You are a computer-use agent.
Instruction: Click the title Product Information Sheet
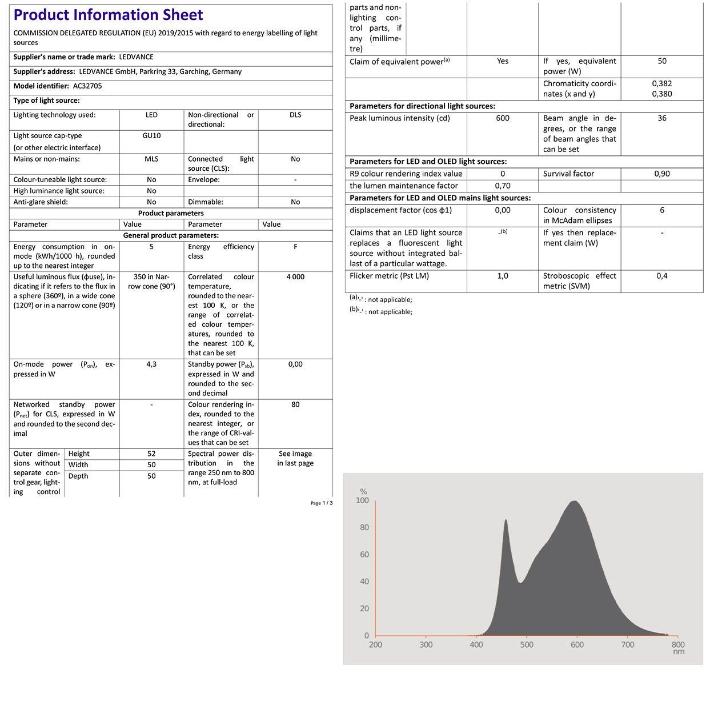108,15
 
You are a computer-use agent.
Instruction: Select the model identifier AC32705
87,86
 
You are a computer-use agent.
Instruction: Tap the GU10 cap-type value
151,136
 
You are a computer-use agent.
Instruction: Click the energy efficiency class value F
295,247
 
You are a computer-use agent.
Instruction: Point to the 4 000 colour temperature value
295,277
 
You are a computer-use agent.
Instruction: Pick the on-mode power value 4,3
151,364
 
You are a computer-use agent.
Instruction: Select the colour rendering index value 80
295,404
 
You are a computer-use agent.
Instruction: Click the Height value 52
151,454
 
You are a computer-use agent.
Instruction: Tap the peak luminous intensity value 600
503,118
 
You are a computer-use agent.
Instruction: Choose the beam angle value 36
662,118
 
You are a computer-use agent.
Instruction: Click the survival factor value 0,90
662,174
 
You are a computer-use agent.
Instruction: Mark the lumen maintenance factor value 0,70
503,186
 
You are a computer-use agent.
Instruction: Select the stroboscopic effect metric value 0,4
662,276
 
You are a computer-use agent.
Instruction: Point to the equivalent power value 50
662,61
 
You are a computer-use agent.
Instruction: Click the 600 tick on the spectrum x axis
577,645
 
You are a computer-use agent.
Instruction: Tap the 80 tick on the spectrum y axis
364,527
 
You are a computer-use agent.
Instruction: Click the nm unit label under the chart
678,652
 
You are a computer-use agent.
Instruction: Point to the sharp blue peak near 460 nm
506,521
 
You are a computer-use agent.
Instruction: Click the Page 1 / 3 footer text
321,503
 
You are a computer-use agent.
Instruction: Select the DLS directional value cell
295,115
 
